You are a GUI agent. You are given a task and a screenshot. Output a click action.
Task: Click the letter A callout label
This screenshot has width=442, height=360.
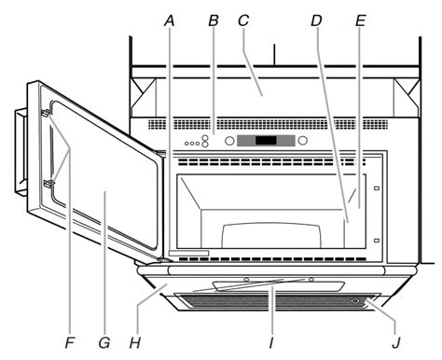pyautogui.click(x=170, y=21)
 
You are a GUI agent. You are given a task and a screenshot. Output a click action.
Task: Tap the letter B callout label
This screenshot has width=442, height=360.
pyautogui.click(x=214, y=21)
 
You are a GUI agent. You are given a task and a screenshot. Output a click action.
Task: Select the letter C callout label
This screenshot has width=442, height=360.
pyautogui.click(x=243, y=21)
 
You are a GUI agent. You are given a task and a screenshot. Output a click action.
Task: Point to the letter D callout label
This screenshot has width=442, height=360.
pyautogui.click(x=316, y=21)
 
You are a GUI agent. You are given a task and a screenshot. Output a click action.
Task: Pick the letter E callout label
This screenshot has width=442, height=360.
pyautogui.click(x=360, y=21)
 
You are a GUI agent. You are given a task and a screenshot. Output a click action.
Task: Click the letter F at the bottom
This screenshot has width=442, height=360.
pyautogui.click(x=70, y=343)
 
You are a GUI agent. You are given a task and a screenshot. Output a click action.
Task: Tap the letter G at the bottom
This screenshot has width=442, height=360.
pyautogui.click(x=104, y=343)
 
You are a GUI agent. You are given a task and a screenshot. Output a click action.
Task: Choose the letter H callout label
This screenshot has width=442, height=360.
pyautogui.click(x=135, y=343)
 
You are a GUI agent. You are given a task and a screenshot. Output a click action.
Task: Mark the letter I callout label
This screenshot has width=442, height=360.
pyautogui.click(x=271, y=343)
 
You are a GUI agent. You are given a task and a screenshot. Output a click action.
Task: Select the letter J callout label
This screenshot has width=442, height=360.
pyautogui.click(x=395, y=343)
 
